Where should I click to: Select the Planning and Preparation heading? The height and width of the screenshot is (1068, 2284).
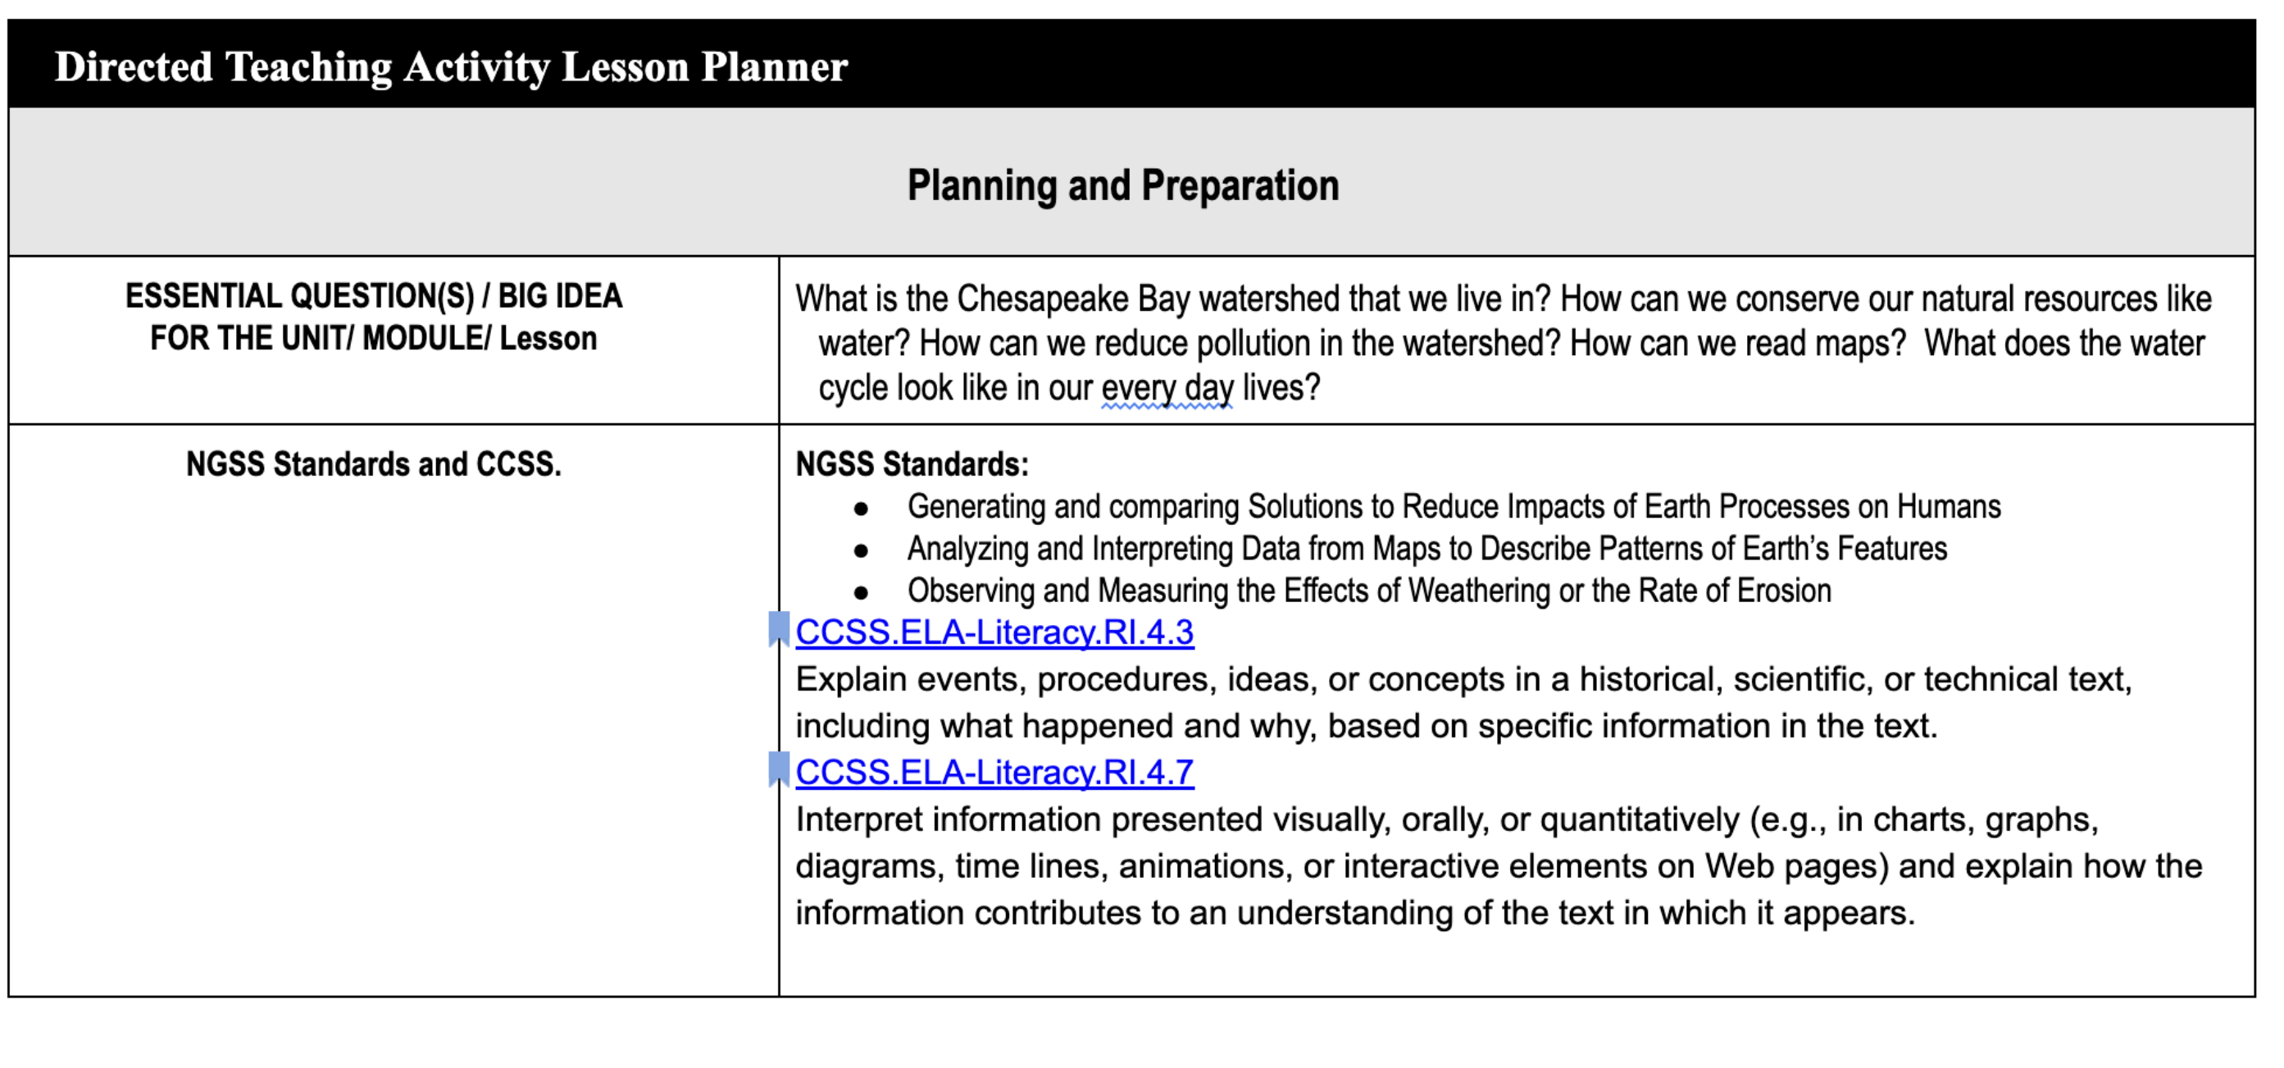1122,186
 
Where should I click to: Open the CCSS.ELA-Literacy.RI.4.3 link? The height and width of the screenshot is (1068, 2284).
994,632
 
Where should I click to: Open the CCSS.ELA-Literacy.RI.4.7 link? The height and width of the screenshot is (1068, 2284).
994,773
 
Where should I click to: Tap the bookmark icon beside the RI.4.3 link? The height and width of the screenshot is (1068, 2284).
779,629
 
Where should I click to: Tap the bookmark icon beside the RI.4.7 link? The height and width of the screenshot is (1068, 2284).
779,769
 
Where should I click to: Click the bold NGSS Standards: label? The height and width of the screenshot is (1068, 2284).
912,465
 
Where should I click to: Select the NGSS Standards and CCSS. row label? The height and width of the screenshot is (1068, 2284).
373,465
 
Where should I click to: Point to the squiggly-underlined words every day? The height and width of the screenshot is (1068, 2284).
1167,389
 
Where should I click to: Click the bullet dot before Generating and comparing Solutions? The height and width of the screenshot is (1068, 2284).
861,509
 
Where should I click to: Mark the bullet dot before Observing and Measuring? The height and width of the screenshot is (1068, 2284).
861,592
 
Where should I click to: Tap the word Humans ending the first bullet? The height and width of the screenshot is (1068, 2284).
1949,506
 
